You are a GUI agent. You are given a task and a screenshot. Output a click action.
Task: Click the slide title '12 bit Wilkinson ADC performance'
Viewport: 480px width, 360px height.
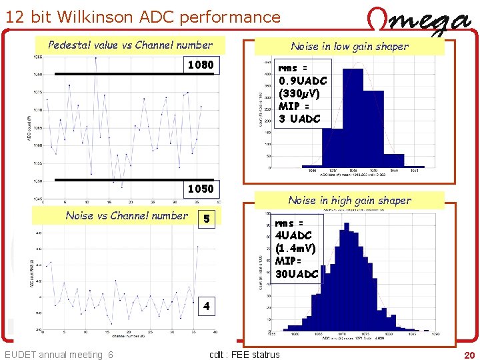pyautogui.click(x=143, y=17)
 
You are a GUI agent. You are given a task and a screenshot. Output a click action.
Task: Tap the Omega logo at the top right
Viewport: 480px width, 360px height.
pyautogui.click(x=419, y=22)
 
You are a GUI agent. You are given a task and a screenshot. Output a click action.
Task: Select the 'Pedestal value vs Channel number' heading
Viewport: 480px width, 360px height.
pyautogui.click(x=130, y=45)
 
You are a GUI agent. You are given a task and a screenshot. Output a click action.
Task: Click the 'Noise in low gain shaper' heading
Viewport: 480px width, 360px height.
pyautogui.click(x=349, y=46)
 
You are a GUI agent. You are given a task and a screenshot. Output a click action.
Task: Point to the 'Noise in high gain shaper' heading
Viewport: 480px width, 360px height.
pyautogui.click(x=349, y=200)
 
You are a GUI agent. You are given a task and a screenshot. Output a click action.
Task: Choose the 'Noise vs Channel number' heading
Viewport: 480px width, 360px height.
pyautogui.click(x=127, y=215)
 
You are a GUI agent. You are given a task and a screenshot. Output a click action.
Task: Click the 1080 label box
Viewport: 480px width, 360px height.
pyautogui.click(x=201, y=65)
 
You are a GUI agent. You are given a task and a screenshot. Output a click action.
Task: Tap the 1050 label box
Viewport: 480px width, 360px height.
pyautogui.click(x=201, y=189)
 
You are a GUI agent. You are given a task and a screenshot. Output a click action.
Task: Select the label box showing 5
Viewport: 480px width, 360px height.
pyautogui.click(x=207, y=219)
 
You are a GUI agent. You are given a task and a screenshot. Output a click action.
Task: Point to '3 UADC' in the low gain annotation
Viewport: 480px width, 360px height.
pyautogui.click(x=299, y=119)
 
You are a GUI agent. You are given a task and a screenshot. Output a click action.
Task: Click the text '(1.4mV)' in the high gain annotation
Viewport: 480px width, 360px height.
pyautogui.click(x=295, y=248)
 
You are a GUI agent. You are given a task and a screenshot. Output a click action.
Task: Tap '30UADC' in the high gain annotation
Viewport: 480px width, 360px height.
pyautogui.click(x=297, y=273)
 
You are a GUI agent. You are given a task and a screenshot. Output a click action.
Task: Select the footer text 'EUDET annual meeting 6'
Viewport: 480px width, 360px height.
pyautogui.click(x=59, y=355)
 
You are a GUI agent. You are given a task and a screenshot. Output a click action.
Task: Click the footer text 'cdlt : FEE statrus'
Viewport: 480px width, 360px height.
pyautogui.click(x=245, y=355)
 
